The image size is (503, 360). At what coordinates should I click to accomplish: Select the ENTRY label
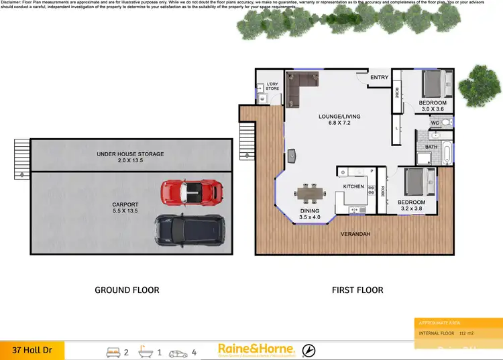click(x=379, y=78)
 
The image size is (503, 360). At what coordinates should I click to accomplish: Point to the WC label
click(x=435, y=123)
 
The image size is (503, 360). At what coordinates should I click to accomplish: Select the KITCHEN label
click(x=353, y=186)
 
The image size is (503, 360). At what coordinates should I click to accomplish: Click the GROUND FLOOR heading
click(x=127, y=290)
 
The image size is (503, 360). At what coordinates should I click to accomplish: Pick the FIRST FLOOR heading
click(x=357, y=290)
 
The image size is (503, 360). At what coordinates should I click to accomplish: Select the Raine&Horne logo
click(x=256, y=349)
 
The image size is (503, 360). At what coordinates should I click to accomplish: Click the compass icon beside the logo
click(x=309, y=349)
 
